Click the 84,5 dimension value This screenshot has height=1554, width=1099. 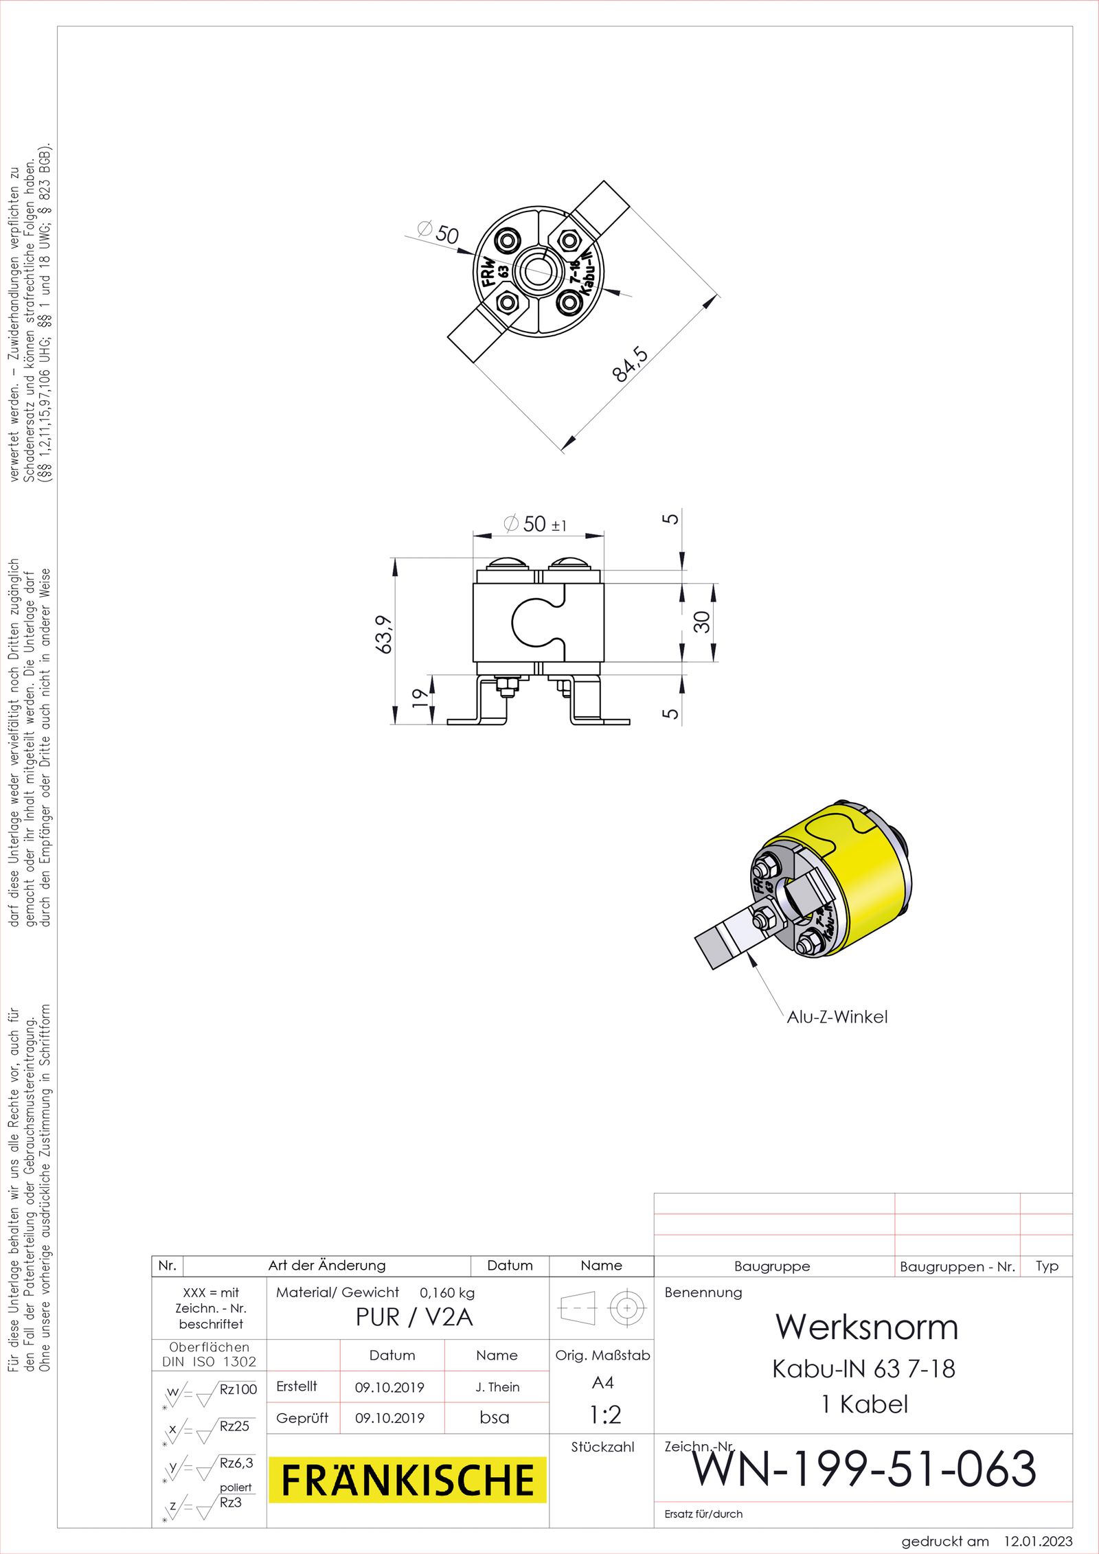630,364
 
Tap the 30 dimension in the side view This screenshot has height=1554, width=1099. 701,622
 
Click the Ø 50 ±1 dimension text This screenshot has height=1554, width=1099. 536,525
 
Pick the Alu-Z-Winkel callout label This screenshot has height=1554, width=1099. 837,1017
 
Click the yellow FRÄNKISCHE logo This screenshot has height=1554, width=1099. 407,1479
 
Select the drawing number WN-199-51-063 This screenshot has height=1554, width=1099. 863,1469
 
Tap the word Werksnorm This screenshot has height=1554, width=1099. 867,1327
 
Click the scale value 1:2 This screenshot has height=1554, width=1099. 605,1415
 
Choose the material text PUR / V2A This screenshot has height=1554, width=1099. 414,1317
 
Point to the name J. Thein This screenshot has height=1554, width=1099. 497,1386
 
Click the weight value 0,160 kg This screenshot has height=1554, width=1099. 447,1292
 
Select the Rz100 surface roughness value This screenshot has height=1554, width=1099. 238,1389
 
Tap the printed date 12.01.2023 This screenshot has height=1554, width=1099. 1038,1542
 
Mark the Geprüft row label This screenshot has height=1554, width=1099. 302,1418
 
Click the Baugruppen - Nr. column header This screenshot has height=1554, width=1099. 957,1267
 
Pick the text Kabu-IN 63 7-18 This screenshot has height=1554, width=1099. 863,1369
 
